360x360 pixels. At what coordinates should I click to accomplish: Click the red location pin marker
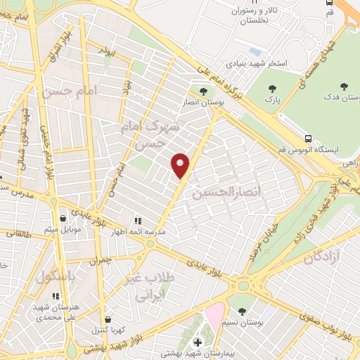click(x=181, y=165)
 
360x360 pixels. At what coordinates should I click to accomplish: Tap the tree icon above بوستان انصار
click(x=203, y=91)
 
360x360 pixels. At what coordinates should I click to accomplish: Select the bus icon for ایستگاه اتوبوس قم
click(x=308, y=139)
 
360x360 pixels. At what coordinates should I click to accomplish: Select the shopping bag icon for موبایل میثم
click(x=64, y=217)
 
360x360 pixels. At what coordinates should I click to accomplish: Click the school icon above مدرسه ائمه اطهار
click(x=138, y=220)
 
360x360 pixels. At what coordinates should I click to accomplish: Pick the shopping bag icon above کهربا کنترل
click(x=107, y=318)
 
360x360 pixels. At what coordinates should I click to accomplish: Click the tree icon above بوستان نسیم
click(x=243, y=310)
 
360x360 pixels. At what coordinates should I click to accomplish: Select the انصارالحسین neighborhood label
click(x=221, y=191)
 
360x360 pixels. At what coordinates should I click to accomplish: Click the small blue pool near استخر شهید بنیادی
click(x=255, y=51)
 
